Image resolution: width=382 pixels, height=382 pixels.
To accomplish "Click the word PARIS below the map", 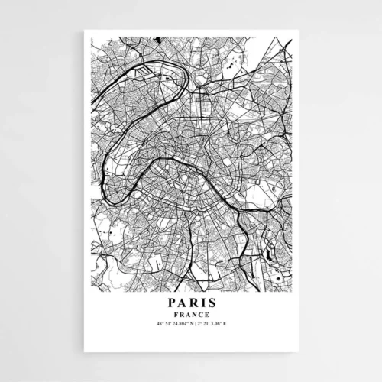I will (191, 303).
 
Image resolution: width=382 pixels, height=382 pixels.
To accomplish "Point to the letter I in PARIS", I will (202, 303).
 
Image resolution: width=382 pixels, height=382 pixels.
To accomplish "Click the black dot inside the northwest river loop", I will (165, 77).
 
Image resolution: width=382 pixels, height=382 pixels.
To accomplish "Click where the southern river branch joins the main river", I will (241, 209).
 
